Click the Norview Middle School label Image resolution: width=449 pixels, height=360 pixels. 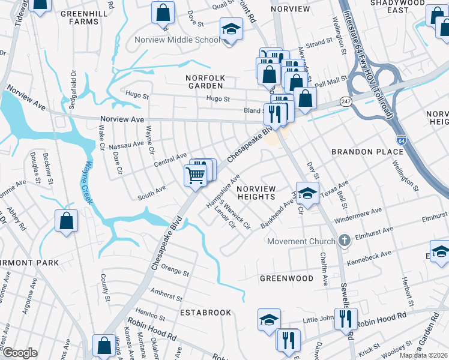(186, 41)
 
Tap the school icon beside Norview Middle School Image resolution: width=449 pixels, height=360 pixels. (231, 28)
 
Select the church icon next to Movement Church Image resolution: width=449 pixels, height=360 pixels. (344, 241)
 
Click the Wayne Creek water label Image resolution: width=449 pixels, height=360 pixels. (89, 182)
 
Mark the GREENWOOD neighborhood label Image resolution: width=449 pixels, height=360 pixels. (286, 278)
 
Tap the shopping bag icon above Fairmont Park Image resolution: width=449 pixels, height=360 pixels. (65, 220)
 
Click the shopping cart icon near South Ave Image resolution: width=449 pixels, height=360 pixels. (195, 175)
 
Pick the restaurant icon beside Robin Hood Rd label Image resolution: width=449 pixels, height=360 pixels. (345, 318)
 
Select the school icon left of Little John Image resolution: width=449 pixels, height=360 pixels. (269, 319)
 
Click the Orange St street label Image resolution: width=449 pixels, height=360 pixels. (175, 272)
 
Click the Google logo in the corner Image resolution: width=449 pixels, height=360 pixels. (19, 353)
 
